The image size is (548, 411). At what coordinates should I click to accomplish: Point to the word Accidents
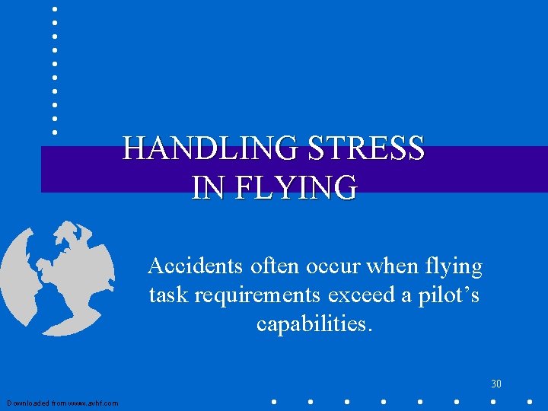tap(191, 266)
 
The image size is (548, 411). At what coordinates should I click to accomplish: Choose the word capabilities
tap(315, 323)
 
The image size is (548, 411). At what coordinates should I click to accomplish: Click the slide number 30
tap(496, 383)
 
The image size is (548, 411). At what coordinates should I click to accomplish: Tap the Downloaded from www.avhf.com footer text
tap(62, 403)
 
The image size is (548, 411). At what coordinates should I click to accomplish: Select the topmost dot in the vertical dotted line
tap(55, 8)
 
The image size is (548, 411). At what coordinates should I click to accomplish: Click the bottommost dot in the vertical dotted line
tap(55, 132)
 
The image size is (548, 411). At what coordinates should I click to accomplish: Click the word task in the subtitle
tap(165, 295)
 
